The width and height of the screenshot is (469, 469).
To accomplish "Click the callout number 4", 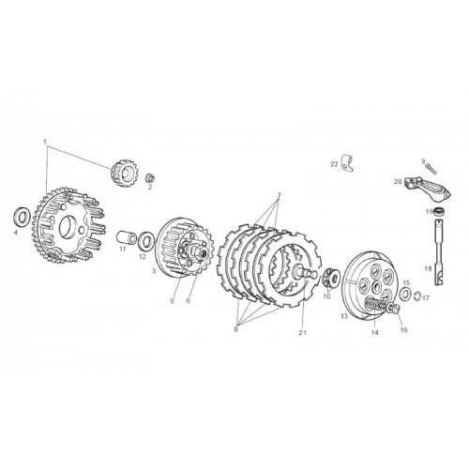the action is tap(16, 233).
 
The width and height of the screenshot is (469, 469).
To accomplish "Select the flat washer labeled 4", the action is tap(23, 216).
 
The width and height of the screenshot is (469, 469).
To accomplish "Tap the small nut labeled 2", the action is tap(150, 178).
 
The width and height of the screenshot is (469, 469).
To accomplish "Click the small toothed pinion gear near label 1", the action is tap(123, 173).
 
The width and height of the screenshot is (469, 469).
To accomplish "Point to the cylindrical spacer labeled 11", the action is tap(127, 238).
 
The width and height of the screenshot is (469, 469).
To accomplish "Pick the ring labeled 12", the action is tap(145, 240).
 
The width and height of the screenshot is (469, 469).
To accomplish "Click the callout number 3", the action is tap(154, 271).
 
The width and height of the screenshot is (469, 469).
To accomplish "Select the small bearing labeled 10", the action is tap(330, 278).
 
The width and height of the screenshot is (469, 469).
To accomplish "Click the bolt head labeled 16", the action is tap(394, 309).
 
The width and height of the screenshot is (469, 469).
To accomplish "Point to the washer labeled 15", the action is tap(405, 294).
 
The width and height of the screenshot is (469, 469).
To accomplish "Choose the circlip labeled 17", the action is tap(416, 295).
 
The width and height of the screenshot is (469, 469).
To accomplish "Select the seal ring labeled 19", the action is tap(439, 211).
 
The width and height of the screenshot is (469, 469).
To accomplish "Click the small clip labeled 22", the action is tap(347, 163).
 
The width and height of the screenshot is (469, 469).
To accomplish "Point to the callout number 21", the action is tap(302, 333).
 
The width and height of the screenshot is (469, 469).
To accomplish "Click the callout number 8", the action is tap(236, 329).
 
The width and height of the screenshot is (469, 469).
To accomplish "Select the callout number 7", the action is tap(280, 194).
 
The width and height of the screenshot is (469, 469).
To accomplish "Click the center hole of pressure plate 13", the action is tap(375, 285).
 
